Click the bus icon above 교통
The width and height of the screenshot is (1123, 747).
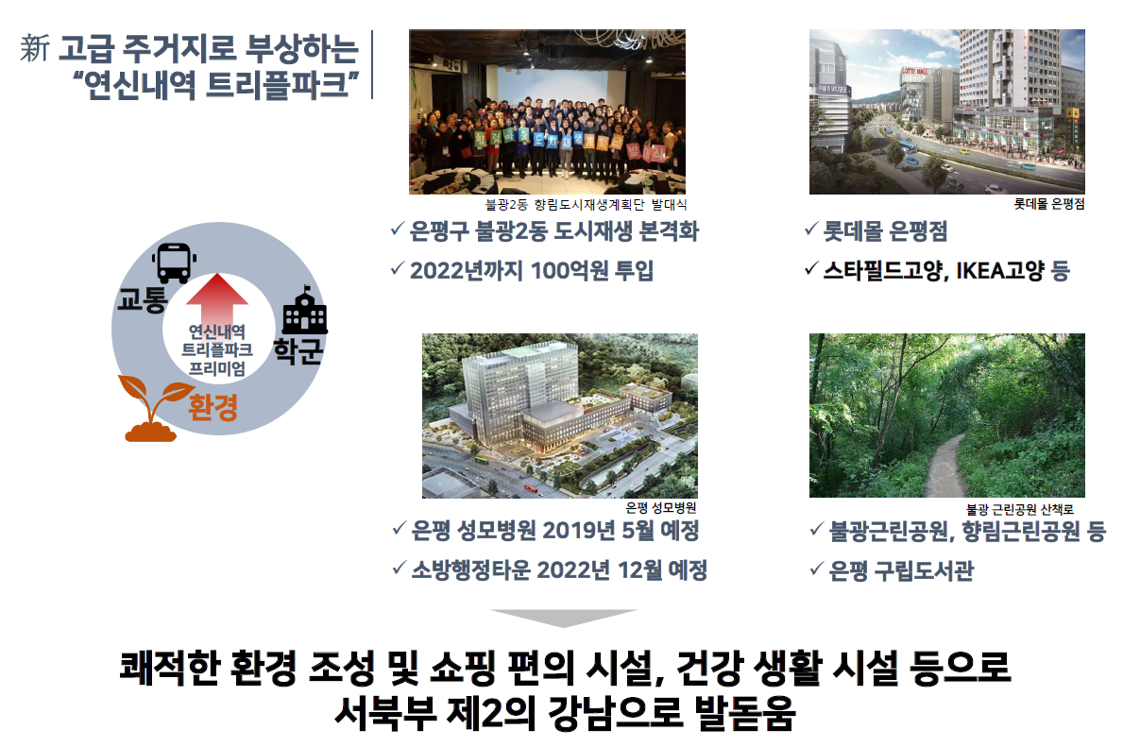174,263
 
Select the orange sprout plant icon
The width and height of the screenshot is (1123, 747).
154,408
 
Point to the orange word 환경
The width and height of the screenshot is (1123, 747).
213,408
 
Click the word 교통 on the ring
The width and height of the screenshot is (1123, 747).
143,299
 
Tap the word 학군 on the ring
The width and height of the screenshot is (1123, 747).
298,350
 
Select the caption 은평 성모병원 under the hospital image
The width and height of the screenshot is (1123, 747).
660,508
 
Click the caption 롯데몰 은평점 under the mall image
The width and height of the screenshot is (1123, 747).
1048,204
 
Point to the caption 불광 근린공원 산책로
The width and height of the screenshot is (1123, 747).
1020,509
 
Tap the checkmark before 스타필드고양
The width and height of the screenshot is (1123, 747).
810,269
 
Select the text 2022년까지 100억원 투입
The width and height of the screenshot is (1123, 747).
532,271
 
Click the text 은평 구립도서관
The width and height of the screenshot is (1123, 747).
901,570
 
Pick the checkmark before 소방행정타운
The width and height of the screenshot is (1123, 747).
400,569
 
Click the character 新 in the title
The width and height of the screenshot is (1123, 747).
35,48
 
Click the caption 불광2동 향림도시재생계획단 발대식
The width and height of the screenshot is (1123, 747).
586,205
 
